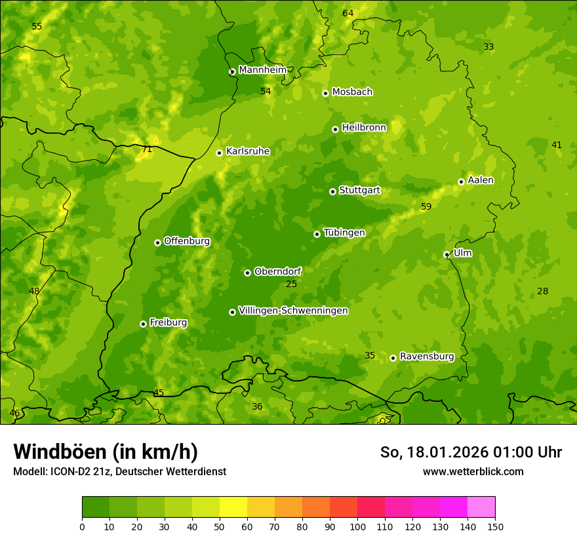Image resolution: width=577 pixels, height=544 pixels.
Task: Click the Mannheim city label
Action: (262, 70)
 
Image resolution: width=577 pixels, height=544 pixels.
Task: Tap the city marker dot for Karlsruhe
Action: (219, 153)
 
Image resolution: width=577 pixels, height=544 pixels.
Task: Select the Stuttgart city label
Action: (359, 191)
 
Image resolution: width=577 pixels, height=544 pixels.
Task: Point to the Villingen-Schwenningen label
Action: (293, 311)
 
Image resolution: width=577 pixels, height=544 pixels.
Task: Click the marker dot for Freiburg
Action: (143, 324)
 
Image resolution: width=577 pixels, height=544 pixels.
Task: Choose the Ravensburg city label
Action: (427, 357)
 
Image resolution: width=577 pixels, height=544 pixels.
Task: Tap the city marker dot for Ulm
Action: (447, 254)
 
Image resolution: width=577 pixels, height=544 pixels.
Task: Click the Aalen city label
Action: (481, 180)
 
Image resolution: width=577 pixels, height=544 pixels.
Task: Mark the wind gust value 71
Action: (147, 149)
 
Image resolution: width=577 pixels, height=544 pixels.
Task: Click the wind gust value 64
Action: (348, 14)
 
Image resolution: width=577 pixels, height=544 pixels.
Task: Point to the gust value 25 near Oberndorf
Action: (291, 284)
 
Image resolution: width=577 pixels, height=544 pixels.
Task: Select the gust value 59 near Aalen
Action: (426, 207)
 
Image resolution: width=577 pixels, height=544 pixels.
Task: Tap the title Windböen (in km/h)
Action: (106, 452)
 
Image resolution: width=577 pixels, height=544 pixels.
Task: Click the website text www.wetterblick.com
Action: (473, 471)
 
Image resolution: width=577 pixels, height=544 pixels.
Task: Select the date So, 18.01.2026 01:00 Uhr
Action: (471, 452)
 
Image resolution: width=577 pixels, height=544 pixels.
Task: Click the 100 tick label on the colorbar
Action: (357, 527)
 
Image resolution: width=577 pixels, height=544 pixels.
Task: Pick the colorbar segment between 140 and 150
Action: (481, 507)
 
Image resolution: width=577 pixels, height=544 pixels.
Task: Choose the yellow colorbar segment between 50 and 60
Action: (233, 507)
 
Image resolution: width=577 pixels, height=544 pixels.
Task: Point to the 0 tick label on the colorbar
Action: (82, 527)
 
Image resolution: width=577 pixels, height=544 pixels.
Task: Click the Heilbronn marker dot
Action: (335, 129)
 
